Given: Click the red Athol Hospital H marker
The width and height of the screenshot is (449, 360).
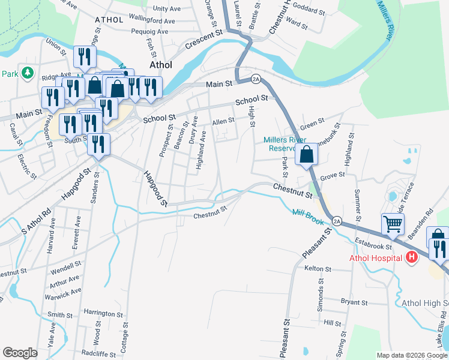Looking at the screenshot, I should [x=412, y=258].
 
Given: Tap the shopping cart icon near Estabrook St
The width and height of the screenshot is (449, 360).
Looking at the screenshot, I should [x=393, y=225].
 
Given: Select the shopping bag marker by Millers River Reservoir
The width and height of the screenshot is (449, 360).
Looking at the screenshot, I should [x=307, y=154].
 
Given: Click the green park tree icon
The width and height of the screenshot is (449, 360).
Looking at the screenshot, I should [x=27, y=73].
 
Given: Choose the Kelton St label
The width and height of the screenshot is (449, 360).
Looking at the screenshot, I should [x=318, y=269].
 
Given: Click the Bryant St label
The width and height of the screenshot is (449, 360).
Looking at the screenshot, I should [x=354, y=302].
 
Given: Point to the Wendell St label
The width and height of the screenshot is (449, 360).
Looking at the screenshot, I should [x=66, y=265].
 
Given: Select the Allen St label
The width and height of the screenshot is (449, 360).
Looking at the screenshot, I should [x=223, y=121].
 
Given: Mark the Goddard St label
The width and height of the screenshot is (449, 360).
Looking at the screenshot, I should [x=310, y=11].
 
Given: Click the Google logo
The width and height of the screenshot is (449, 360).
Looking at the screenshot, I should [x=20, y=352].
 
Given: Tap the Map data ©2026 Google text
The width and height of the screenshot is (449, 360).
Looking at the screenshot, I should [x=412, y=355].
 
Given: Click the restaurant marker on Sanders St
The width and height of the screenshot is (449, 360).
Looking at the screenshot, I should [x=98, y=145].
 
